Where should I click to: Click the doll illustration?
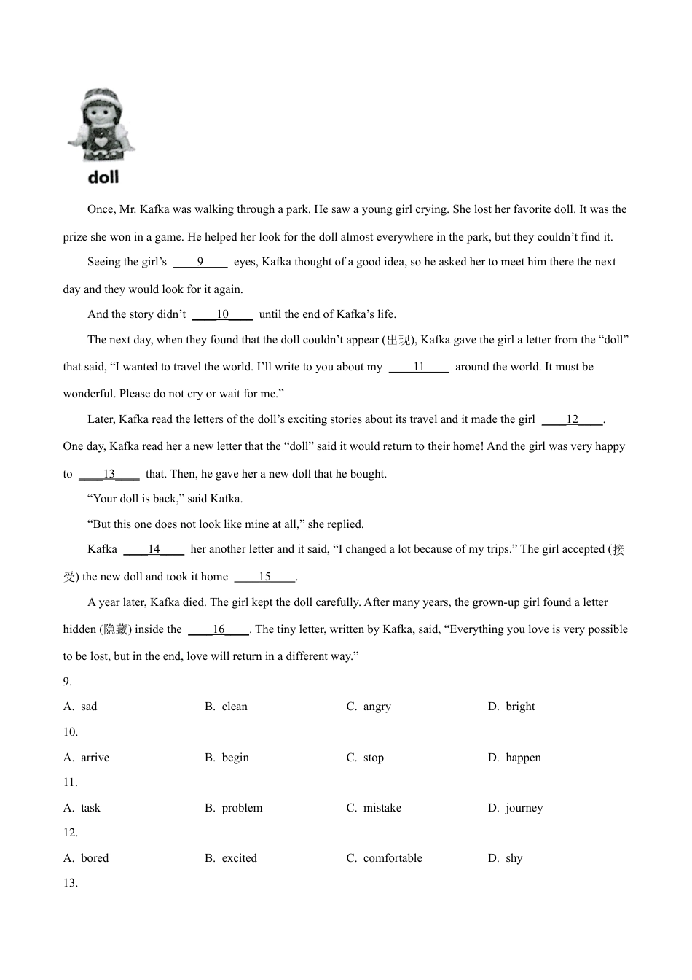(x=101, y=125)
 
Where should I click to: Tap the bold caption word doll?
(x=103, y=177)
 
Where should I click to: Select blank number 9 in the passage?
(x=200, y=262)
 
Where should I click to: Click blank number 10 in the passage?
(x=222, y=314)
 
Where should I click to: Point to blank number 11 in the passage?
(x=419, y=367)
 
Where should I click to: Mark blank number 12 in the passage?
(x=573, y=419)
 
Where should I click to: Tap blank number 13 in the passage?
(x=109, y=474)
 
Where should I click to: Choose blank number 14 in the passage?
(x=154, y=549)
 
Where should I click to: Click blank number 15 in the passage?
(x=264, y=577)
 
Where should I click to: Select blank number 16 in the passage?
(x=219, y=629)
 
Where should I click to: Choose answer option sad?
(x=89, y=707)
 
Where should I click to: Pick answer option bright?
(x=520, y=707)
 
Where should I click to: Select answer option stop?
(x=374, y=758)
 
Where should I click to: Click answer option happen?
(x=523, y=758)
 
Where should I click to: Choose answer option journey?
(x=524, y=808)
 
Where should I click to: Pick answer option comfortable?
(x=393, y=858)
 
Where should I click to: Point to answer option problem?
(x=242, y=808)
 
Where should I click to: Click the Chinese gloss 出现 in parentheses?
(x=398, y=340)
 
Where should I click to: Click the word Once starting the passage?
(x=101, y=209)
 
